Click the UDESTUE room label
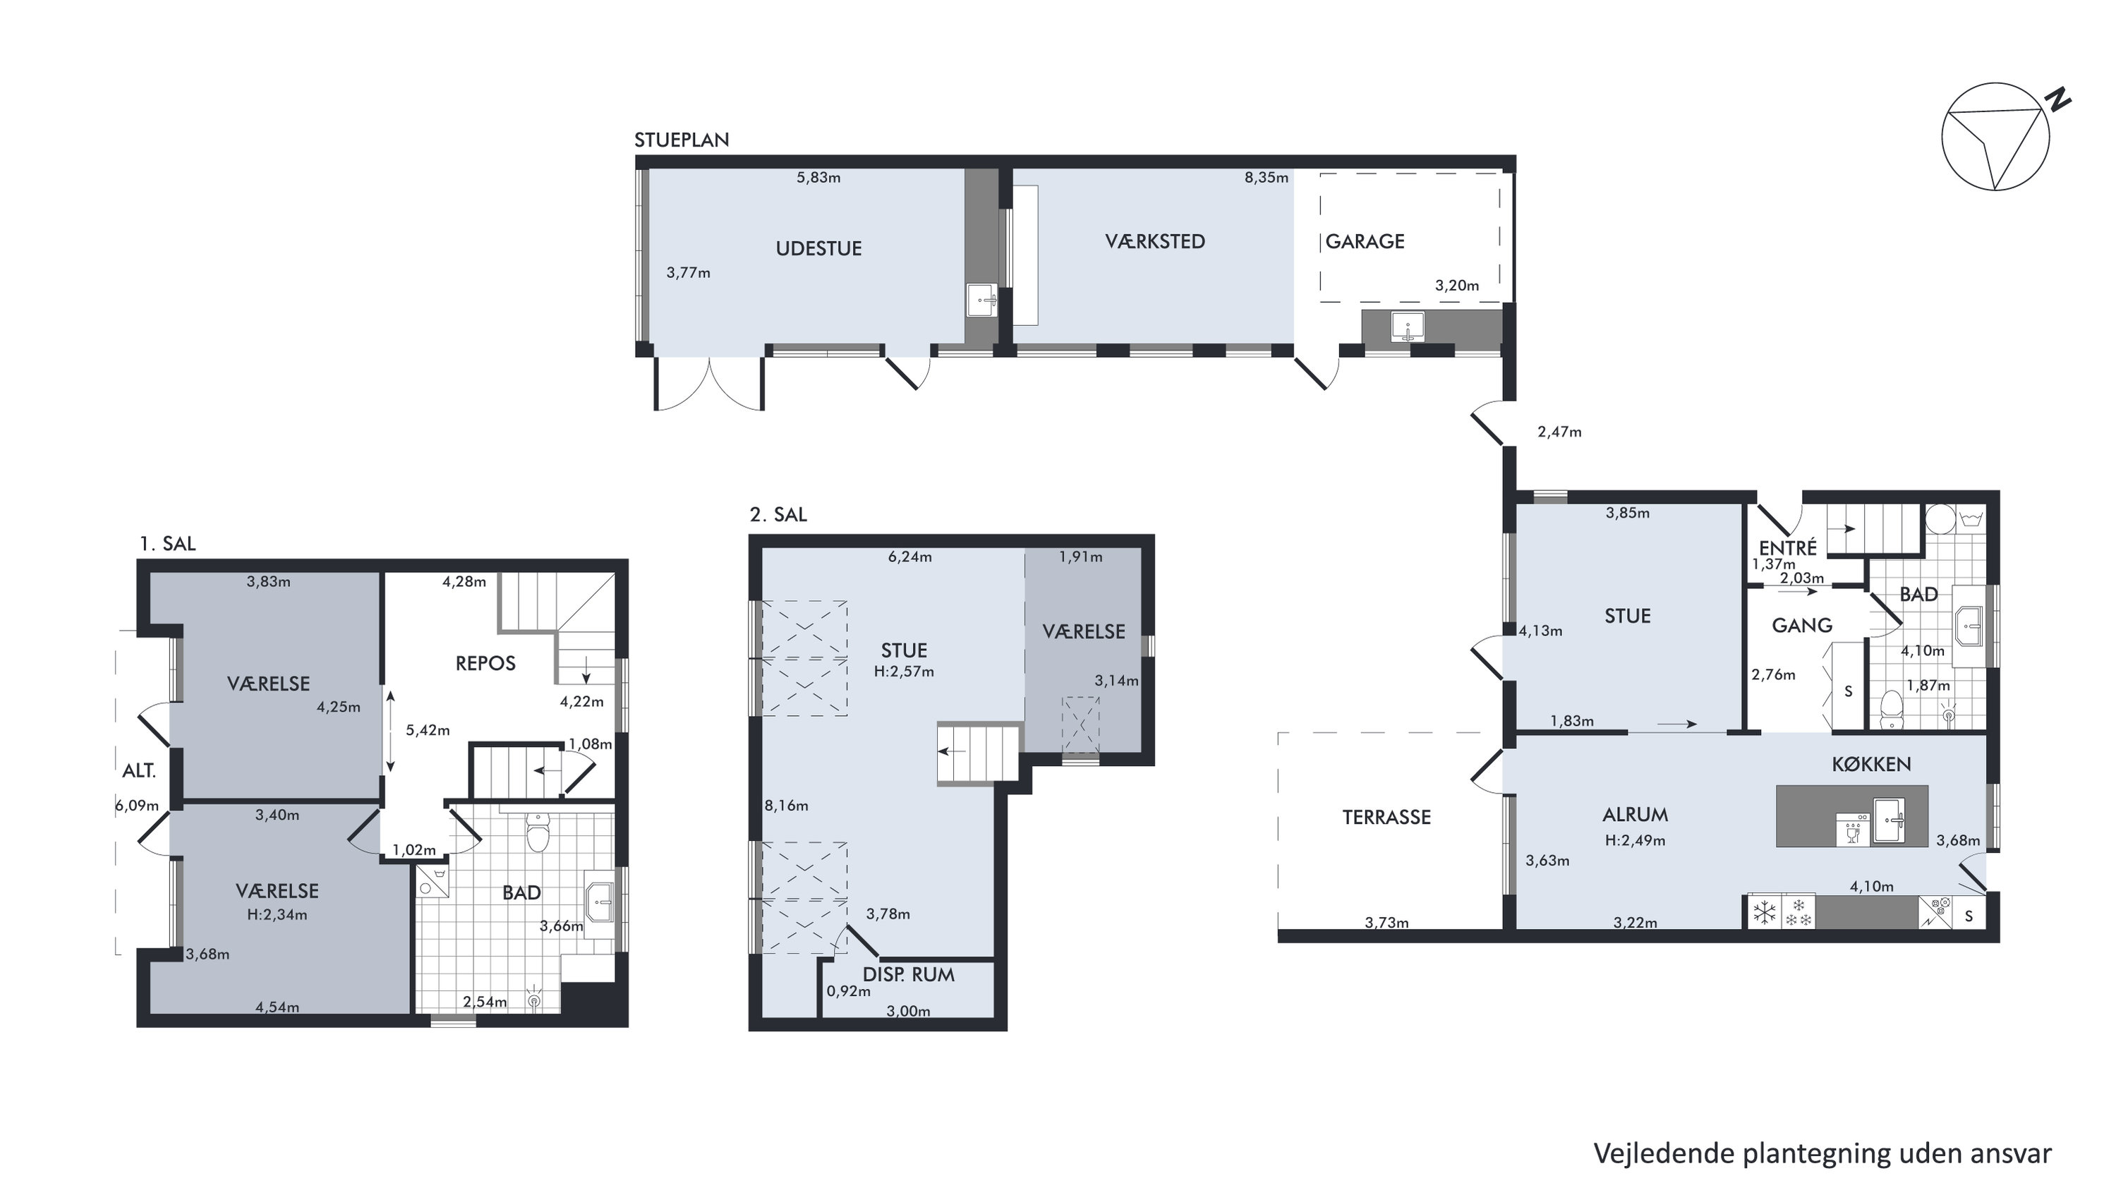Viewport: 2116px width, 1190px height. pyautogui.click(x=818, y=249)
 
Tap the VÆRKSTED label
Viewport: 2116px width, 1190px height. pyautogui.click(x=1155, y=241)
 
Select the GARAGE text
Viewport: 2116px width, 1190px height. pyautogui.click(x=1365, y=241)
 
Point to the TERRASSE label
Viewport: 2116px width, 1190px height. pyautogui.click(x=1386, y=817)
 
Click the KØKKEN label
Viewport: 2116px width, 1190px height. pyautogui.click(x=1871, y=764)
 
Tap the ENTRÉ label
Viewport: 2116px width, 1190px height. pyautogui.click(x=1787, y=548)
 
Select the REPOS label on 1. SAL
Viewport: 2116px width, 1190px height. pyautogui.click(x=485, y=664)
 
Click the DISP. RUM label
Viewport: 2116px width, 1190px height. pyautogui.click(x=909, y=975)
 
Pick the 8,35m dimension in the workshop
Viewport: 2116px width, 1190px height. pyautogui.click(x=1266, y=177)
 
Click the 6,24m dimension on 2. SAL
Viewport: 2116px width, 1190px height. pyautogui.click(x=909, y=557)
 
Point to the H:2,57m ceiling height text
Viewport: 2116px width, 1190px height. pyautogui.click(x=904, y=671)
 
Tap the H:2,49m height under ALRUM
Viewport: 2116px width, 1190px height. pyautogui.click(x=1635, y=840)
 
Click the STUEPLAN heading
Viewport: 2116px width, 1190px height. pyautogui.click(x=682, y=140)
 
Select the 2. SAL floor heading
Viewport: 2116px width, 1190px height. pyautogui.click(x=778, y=515)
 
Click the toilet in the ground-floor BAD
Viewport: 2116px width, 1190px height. pyautogui.click(x=1892, y=709)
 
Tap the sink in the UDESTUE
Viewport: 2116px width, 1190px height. pyautogui.click(x=981, y=300)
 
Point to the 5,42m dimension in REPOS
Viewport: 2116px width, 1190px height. pyautogui.click(x=427, y=730)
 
